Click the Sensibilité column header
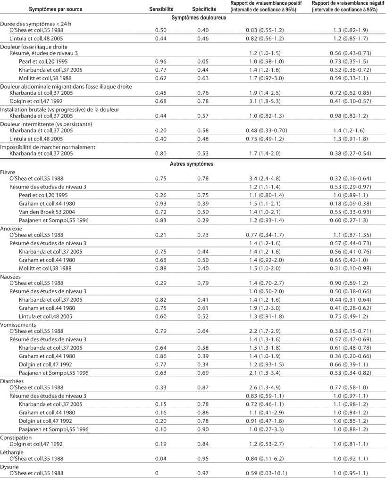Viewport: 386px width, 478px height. point(161,9)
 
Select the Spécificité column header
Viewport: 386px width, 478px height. point(204,9)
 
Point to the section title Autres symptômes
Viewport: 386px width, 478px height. point(193,164)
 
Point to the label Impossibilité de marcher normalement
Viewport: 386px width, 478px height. point(48,147)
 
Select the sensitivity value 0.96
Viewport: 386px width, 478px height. point(161,62)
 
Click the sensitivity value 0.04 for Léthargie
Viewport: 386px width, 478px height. point(161,458)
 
